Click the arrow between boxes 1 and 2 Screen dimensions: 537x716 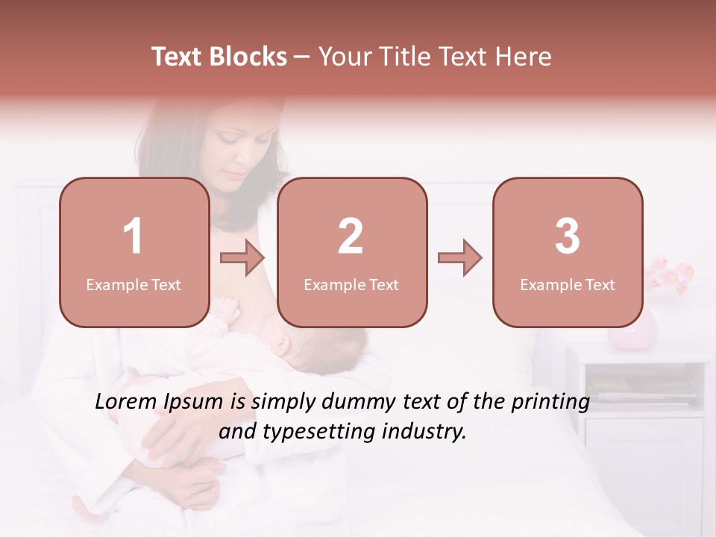tap(242, 259)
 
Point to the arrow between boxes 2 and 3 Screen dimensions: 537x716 tap(460, 259)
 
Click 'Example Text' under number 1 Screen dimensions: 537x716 tap(134, 285)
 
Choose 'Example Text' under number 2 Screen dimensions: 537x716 tap(351, 285)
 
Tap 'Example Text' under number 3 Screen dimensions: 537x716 tap(568, 285)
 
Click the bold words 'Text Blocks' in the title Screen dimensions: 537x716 tap(219, 57)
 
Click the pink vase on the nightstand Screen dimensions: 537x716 tap(632, 332)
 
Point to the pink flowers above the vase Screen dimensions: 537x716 tap(669, 274)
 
